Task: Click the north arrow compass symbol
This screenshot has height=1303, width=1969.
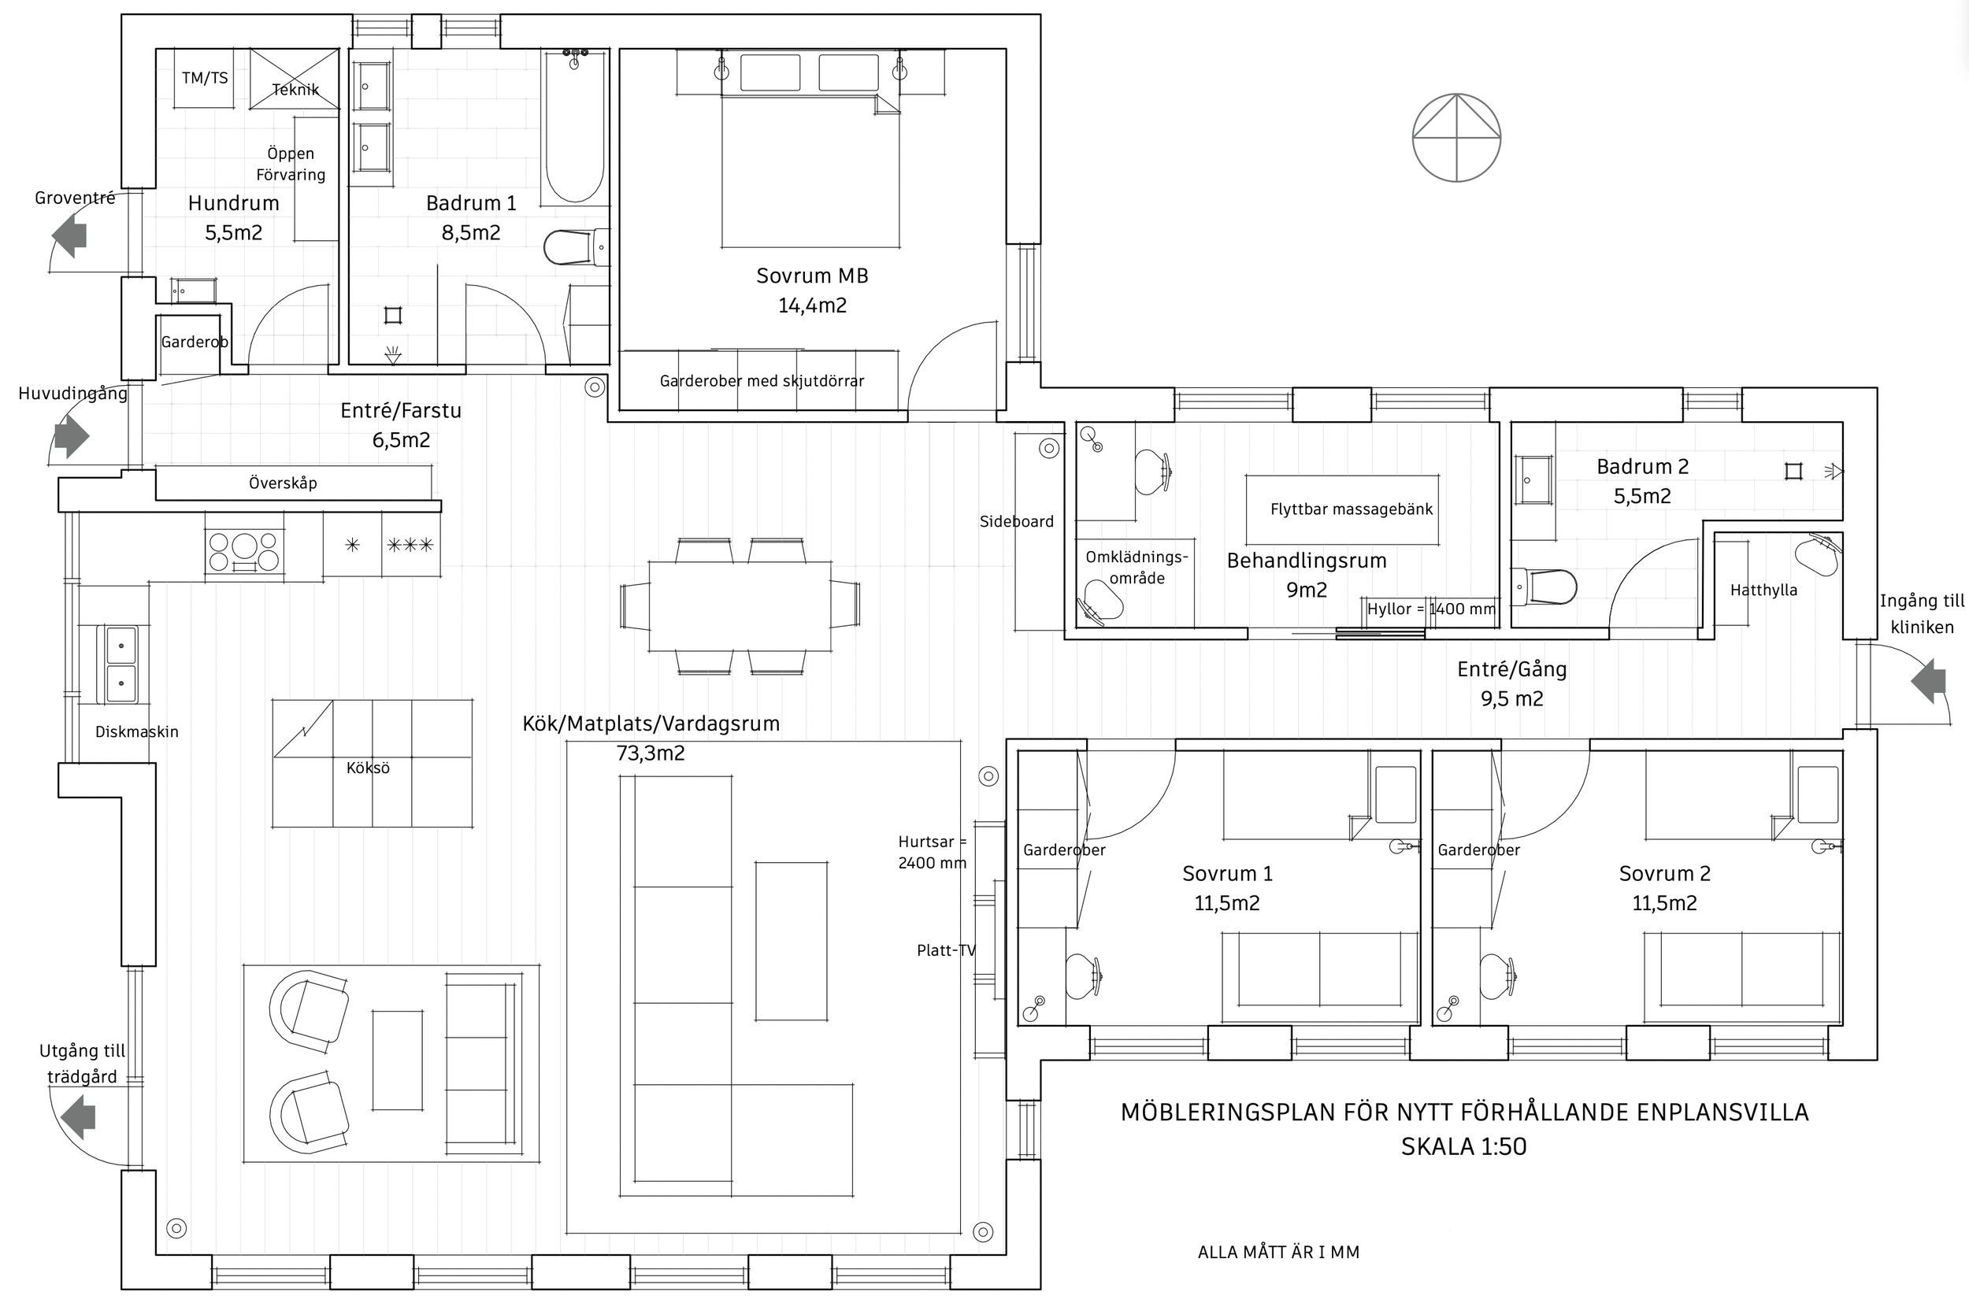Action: click(x=1456, y=138)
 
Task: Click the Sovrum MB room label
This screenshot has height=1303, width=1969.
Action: click(x=812, y=276)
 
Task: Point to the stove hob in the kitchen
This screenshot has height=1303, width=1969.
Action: click(x=243, y=551)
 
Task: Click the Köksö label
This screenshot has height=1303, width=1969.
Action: click(x=368, y=768)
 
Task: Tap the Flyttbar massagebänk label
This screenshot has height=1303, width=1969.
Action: click(x=1351, y=509)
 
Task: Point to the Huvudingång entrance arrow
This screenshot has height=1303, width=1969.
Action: click(x=72, y=435)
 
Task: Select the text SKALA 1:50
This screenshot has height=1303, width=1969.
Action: click(x=1463, y=1147)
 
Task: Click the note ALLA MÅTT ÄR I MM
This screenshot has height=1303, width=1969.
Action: click(x=1278, y=1253)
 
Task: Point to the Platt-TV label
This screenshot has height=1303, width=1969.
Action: click(x=946, y=950)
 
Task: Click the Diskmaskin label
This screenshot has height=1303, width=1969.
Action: click(x=137, y=732)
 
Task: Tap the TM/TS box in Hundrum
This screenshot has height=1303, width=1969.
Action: click(x=206, y=78)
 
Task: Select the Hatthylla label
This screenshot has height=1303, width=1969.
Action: click(x=1763, y=590)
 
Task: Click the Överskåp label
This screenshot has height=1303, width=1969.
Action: click(x=283, y=483)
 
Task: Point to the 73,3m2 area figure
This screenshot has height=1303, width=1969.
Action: click(x=650, y=753)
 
